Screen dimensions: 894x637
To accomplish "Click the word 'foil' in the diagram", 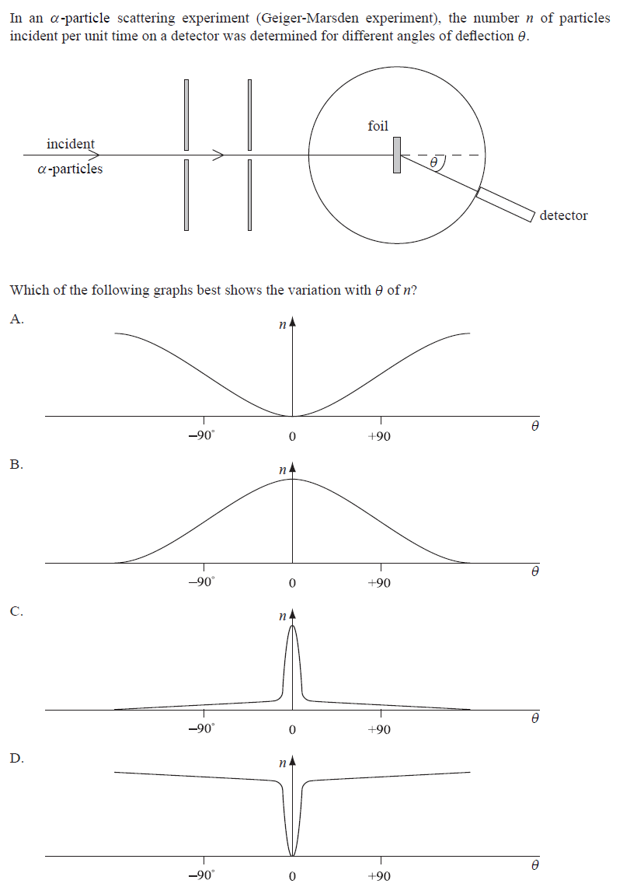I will (378, 126).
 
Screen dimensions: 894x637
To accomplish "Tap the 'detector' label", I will (563, 215).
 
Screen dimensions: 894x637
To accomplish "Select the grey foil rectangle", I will (397, 155).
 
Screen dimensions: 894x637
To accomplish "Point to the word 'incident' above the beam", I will (70, 144).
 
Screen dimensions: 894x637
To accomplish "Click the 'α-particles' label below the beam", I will (70, 169).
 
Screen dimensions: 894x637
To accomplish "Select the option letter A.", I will (17, 317).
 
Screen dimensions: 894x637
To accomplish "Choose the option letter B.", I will (16, 464).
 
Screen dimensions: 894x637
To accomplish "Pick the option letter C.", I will (16, 611).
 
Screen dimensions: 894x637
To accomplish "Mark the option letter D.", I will (16, 758).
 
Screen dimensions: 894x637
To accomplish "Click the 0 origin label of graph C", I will (292, 730).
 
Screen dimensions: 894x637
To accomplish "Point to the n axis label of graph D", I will (282, 765).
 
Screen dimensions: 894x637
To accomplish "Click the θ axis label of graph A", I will (534, 426).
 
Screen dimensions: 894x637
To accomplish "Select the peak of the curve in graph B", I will (292, 479).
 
